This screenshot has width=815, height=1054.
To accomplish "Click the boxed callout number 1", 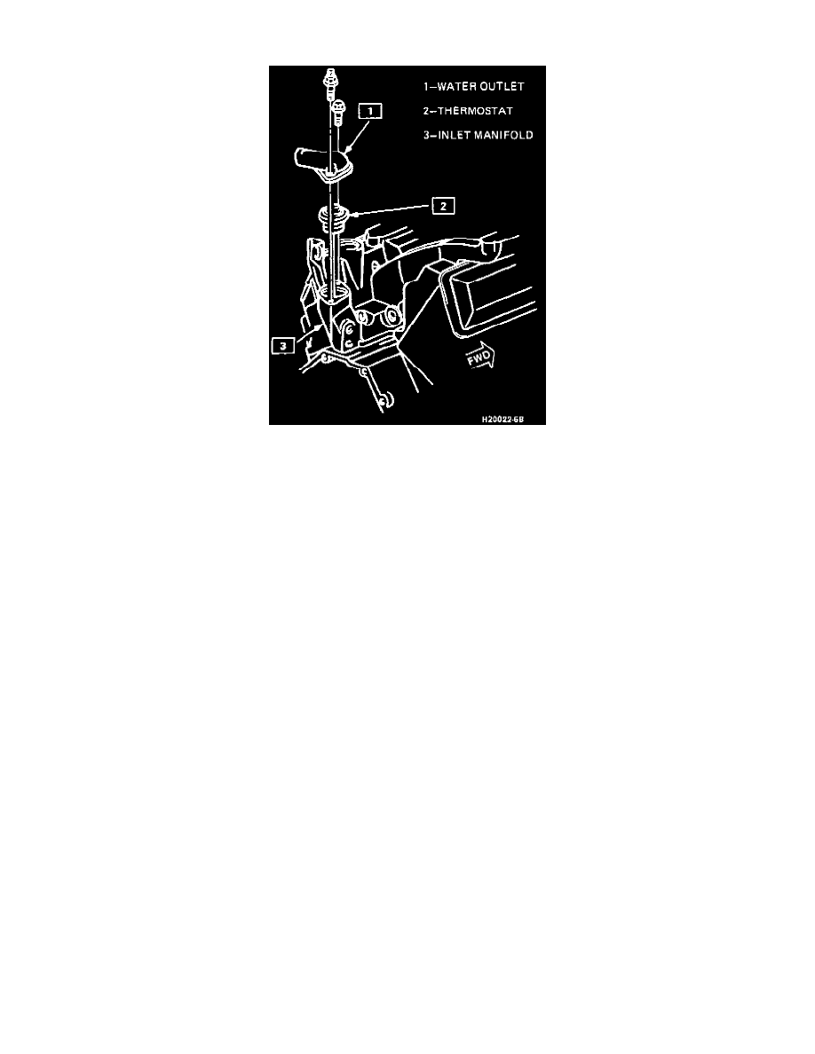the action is [370, 111].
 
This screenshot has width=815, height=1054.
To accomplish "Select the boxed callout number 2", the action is [443, 206].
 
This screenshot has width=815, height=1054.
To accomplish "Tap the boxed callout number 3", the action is [283, 345].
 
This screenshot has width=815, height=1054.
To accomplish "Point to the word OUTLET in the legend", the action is [500, 87].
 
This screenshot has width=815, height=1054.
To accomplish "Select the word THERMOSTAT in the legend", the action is [475, 111].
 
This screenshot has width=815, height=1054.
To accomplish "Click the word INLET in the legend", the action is [454, 135].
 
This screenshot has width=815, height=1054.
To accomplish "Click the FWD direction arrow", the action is [480, 357].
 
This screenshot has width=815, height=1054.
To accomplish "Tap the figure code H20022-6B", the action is [502, 420].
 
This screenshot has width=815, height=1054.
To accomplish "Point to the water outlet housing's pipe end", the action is [301, 159].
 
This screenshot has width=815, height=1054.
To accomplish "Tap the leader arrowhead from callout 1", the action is [345, 146].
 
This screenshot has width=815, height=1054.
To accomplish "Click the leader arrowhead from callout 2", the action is [351, 215].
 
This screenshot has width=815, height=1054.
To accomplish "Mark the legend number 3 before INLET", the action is [426, 135].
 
